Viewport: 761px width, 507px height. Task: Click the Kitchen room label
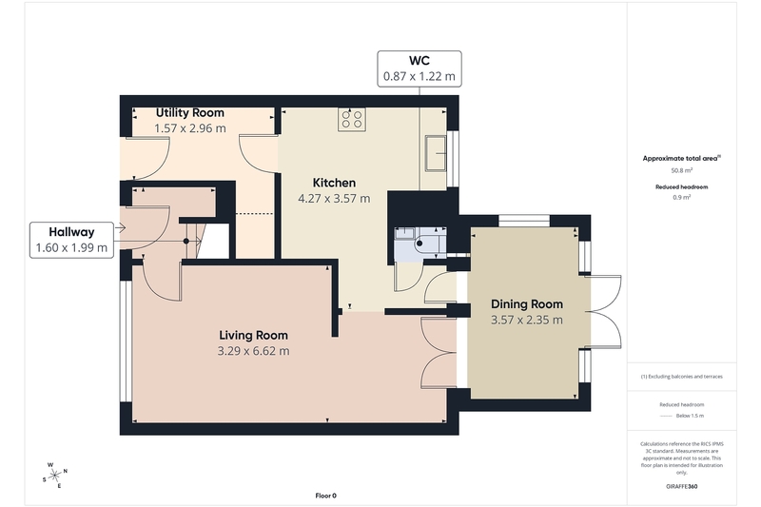(334, 183)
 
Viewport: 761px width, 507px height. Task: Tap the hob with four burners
(352, 119)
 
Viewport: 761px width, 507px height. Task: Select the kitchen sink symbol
(436, 153)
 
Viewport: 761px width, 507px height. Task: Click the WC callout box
(420, 68)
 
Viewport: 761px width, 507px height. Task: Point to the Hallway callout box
(71, 240)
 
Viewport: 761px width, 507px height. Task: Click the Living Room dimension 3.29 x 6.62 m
(253, 351)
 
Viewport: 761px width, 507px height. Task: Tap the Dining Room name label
(527, 304)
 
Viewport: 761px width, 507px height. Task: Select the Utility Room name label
(189, 112)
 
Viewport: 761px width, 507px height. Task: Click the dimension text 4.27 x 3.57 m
(334, 199)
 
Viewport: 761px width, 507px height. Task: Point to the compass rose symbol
(54, 475)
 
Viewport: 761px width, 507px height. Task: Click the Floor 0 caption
(325, 496)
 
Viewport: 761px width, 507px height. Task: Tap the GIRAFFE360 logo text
(681, 487)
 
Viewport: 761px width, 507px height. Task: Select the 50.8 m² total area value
(681, 170)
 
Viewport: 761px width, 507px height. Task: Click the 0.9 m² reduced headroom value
(681, 197)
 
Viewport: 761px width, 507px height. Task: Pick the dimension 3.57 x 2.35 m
(527, 320)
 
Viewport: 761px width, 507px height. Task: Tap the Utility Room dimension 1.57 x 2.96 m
(189, 128)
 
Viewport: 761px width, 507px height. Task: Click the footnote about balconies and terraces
(681, 377)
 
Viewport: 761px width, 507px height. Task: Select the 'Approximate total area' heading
(681, 158)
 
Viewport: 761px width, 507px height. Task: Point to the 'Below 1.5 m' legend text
(690, 416)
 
